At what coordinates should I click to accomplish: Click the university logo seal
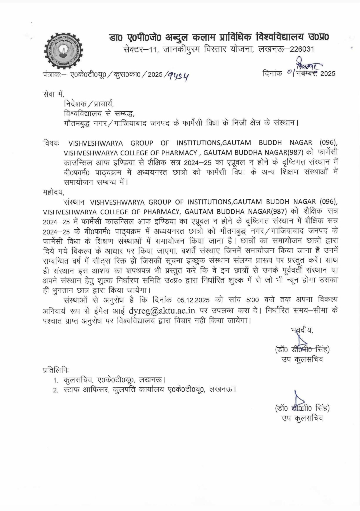click(x=64, y=50)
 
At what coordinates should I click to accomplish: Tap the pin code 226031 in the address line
click(x=302, y=49)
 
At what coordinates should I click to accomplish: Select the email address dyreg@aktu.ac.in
click(x=162, y=310)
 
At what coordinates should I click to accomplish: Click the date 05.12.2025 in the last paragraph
click(x=193, y=300)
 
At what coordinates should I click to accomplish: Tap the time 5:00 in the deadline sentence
click(x=252, y=300)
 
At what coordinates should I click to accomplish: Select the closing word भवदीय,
click(x=302, y=330)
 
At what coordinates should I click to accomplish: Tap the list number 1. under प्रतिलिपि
click(x=56, y=380)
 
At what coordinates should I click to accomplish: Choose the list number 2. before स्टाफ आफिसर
click(x=56, y=390)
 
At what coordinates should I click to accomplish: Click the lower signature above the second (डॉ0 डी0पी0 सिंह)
click(x=299, y=399)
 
